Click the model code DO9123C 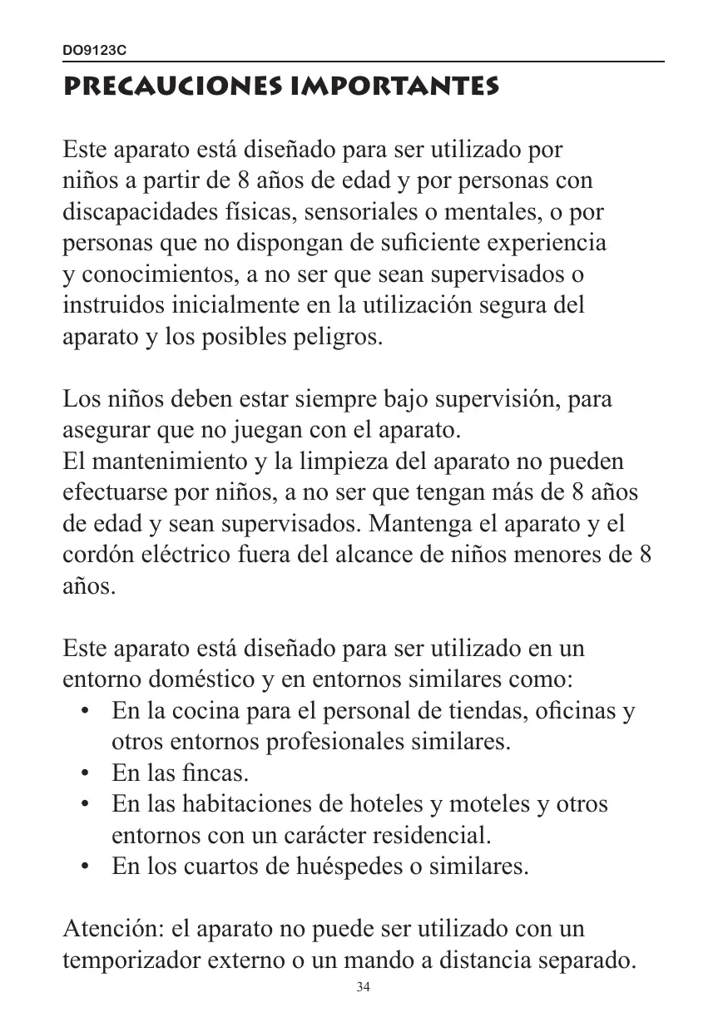pos(95,51)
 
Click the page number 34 pos(363,987)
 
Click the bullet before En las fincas pos(85,773)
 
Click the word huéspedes pos(344,867)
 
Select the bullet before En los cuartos pos(85,867)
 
